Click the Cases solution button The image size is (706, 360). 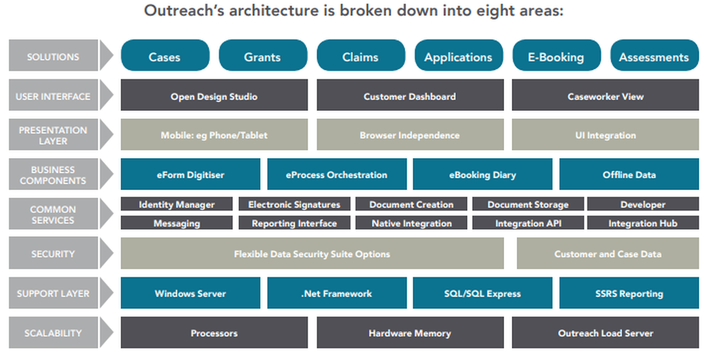click(164, 56)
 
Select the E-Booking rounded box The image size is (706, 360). click(556, 56)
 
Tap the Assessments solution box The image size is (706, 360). click(653, 56)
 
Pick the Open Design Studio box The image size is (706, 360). click(214, 96)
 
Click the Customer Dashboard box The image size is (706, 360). click(409, 96)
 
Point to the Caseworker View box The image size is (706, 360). click(605, 96)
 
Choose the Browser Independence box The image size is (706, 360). click(409, 135)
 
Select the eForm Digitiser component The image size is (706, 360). click(191, 174)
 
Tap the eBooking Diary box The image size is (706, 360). click(482, 174)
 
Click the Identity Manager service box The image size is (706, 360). click(176, 205)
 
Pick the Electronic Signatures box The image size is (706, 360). click(294, 205)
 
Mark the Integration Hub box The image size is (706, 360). click(642, 223)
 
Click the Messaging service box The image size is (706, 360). click(176, 223)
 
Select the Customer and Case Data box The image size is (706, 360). click(607, 254)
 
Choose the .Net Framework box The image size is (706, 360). click(336, 293)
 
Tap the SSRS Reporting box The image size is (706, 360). click(628, 293)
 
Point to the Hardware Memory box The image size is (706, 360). click(409, 332)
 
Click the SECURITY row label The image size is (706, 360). click(53, 254)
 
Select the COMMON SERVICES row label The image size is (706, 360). click(53, 215)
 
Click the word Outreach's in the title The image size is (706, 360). click(183, 12)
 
